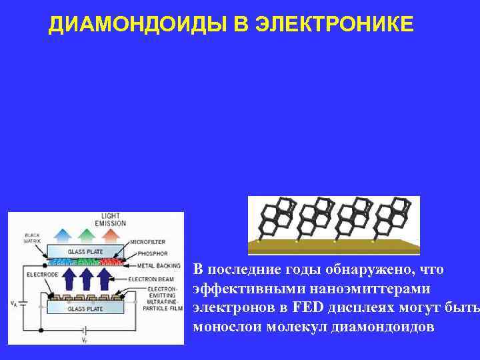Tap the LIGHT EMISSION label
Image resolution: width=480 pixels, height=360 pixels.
pos(111,219)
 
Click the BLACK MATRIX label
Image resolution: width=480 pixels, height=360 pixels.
pos(32,239)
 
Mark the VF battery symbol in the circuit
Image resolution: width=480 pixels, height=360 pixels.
pos(85,330)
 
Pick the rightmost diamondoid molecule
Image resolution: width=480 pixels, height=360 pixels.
pos(394,217)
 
